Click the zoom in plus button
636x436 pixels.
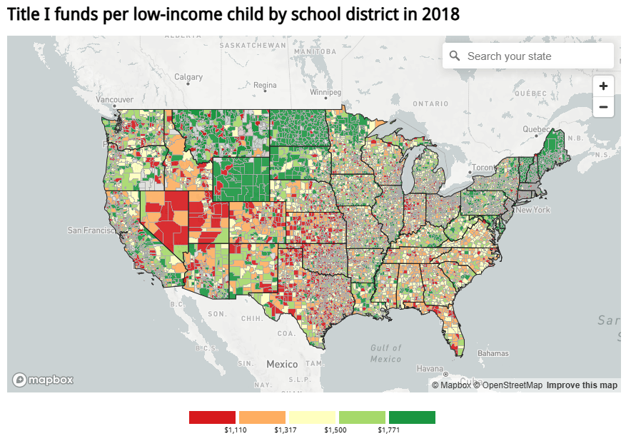pyautogui.click(x=603, y=86)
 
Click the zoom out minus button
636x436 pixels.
pyautogui.click(x=603, y=108)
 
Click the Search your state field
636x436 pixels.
pyautogui.click(x=535, y=56)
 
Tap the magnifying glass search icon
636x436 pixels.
pyautogui.click(x=455, y=56)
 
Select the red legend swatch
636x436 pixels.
pyautogui.click(x=212, y=417)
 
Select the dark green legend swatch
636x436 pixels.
pyautogui.click(x=412, y=417)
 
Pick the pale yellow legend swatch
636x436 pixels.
pyautogui.click(x=312, y=417)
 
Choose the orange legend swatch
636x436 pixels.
pyautogui.click(x=262, y=417)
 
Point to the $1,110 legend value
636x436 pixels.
pyautogui.click(x=235, y=430)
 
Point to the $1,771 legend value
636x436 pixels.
pyautogui.click(x=389, y=430)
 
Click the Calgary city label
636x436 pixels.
pyautogui.click(x=188, y=77)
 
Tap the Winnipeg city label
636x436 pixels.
pyautogui.click(x=325, y=93)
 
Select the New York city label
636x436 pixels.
pyautogui.click(x=532, y=211)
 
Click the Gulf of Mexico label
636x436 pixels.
pyautogui.click(x=386, y=353)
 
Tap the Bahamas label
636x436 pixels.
pyautogui.click(x=493, y=353)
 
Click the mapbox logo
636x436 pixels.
pyautogui.click(x=43, y=380)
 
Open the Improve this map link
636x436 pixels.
pyautogui.click(x=582, y=385)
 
